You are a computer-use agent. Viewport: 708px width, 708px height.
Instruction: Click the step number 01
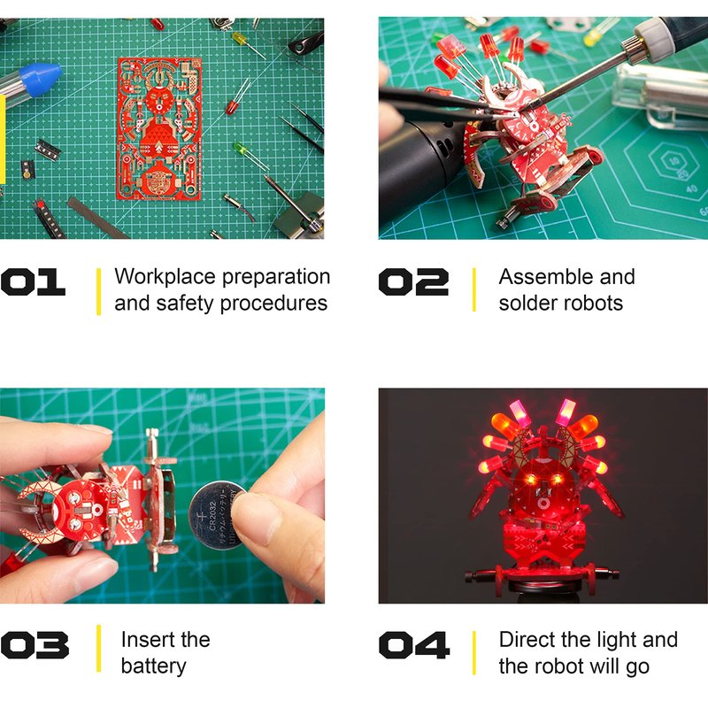pos(33,282)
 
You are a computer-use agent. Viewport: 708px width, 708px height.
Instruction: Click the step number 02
pos(413,282)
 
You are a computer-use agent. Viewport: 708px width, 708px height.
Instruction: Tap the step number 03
pos(35,645)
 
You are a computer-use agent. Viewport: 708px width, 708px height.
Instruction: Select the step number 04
pos(414,645)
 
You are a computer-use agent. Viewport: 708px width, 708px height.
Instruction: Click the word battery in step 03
pos(153,666)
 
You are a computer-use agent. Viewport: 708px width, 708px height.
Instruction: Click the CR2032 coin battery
pos(216,515)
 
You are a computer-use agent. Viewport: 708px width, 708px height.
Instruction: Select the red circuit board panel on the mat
pos(159,128)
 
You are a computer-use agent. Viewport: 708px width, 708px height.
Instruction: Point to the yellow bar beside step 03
pos(98,649)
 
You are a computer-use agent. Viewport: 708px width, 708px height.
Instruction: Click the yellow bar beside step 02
pos(474,290)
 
